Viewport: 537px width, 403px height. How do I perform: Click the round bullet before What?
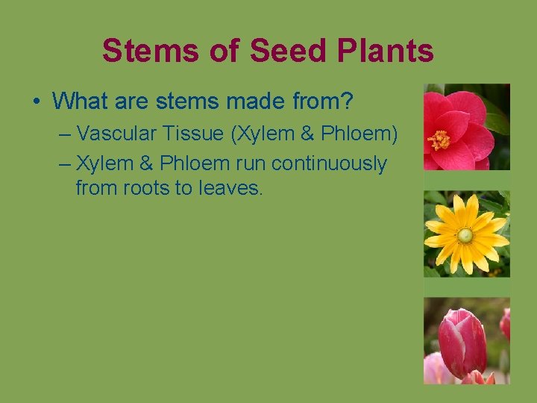coord(37,100)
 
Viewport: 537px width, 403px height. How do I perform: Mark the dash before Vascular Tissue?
coord(64,134)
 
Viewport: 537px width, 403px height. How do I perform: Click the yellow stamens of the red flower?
coord(439,139)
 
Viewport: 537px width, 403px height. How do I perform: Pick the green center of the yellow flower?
coord(465,236)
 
